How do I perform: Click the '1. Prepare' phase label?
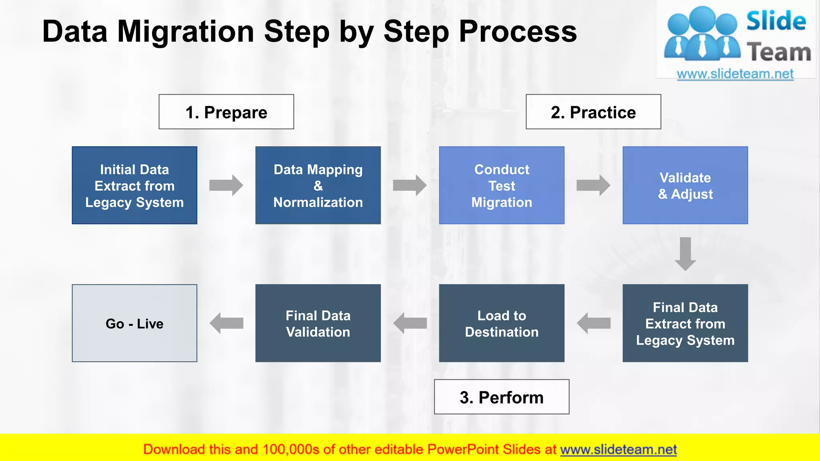226,112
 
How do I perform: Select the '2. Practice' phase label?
593,112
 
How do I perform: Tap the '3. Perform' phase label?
501,397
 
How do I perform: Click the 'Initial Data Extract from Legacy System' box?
135,185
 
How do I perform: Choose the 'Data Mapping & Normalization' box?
318,185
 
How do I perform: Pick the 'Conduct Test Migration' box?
501,185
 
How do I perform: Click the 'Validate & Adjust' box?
685,185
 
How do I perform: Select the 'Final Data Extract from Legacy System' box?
685,323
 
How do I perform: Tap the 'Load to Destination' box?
501,323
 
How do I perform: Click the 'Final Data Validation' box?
318,323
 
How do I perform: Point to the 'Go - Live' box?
135,323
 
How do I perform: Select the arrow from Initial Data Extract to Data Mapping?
226,185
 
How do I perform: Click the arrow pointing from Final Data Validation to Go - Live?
226,323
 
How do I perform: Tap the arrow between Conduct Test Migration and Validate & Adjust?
593,185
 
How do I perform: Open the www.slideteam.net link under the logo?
735,74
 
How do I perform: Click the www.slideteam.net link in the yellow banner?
618,449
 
